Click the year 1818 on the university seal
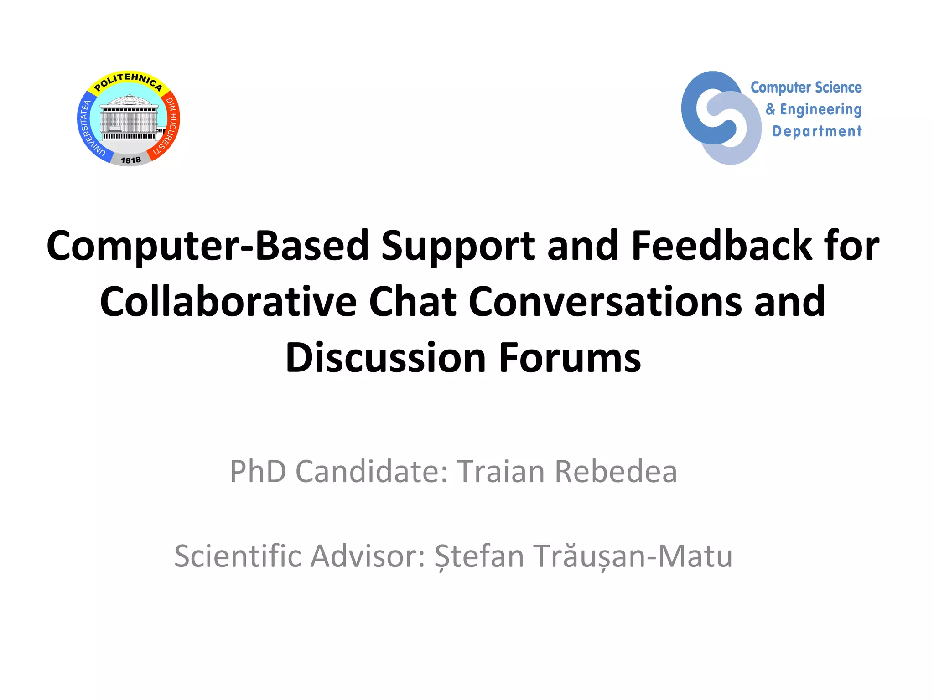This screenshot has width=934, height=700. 130,160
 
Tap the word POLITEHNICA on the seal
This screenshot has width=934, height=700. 128,81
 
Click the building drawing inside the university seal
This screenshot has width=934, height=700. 129,119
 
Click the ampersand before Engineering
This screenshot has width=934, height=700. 770,109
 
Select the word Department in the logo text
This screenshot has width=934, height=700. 817,131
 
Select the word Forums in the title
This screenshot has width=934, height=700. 570,358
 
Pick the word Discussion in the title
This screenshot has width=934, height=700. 385,358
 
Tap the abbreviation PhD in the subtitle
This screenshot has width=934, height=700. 258,471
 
